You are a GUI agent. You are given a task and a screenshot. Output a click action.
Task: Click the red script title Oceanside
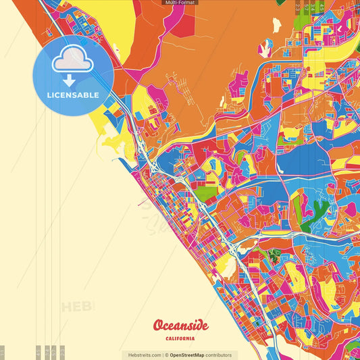pos(180,326)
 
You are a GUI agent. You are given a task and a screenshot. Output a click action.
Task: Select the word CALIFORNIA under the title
pos(180,338)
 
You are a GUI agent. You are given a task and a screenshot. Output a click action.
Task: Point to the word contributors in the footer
pos(219,355)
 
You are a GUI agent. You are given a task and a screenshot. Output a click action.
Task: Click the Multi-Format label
pos(180,3)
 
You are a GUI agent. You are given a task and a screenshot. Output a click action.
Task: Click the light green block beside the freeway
pos(207,195)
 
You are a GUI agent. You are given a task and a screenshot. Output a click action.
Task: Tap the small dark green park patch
pos(274,255)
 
